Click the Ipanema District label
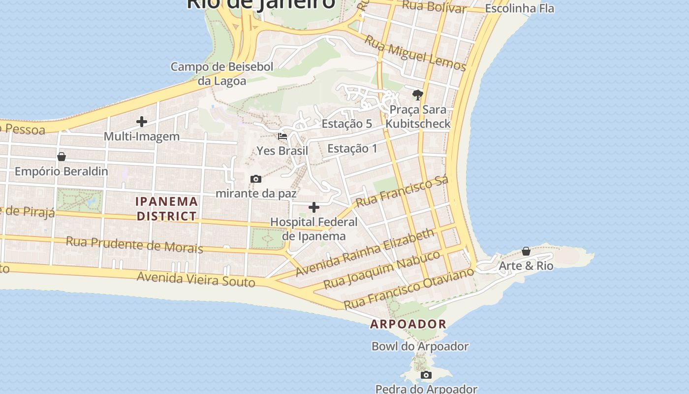pyautogui.click(x=167, y=208)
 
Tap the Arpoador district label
pyautogui.click(x=408, y=324)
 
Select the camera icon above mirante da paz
pyautogui.click(x=255, y=179)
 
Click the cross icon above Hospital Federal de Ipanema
pyautogui.click(x=313, y=207)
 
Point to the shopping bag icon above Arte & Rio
pyautogui.click(x=526, y=251)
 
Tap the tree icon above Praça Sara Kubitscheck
pyautogui.click(x=418, y=95)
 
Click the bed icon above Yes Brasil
pyautogui.click(x=282, y=136)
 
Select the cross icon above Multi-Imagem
pyautogui.click(x=142, y=122)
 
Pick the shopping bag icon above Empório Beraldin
pyautogui.click(x=62, y=157)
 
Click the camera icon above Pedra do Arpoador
pyautogui.click(x=426, y=375)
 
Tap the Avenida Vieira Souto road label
pyautogui.click(x=196, y=279)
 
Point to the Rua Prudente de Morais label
pyautogui.click(x=134, y=244)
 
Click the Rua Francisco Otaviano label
pyautogui.click(x=408, y=288)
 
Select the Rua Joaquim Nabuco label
pyautogui.click(x=382, y=269)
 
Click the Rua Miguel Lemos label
pyautogui.click(x=415, y=54)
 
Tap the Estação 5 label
pyautogui.click(x=346, y=124)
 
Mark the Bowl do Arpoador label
pyautogui.click(x=420, y=346)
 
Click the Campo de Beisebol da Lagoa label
pyautogui.click(x=222, y=74)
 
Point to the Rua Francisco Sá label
pyautogui.click(x=402, y=191)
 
